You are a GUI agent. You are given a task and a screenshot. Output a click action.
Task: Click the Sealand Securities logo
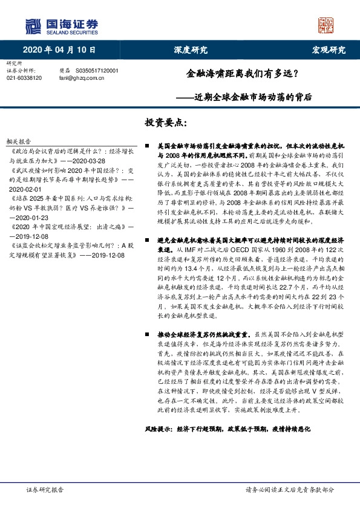point(61,25)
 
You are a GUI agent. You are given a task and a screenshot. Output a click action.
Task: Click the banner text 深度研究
point(191,50)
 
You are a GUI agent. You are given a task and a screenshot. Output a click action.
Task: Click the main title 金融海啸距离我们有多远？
point(240,76)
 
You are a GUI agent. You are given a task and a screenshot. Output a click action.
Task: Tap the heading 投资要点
point(165,123)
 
